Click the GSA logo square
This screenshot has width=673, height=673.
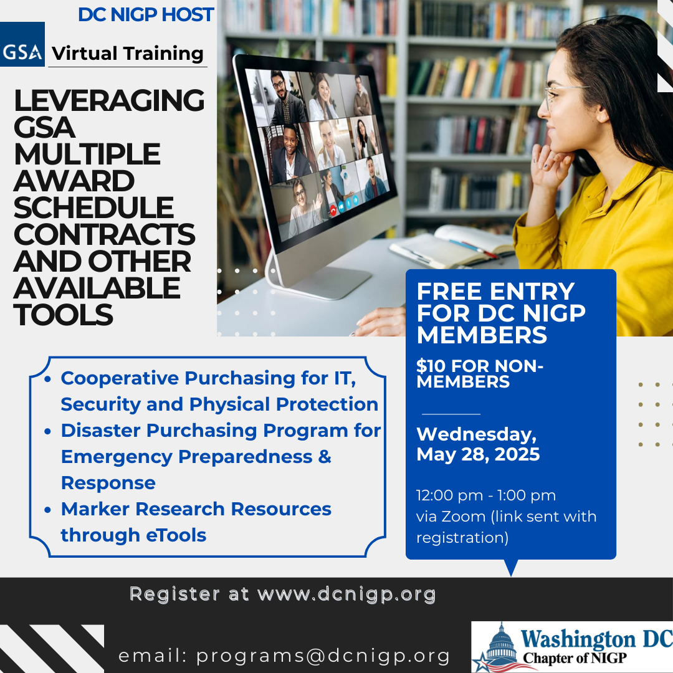(x=22, y=44)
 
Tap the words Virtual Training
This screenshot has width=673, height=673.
(x=128, y=54)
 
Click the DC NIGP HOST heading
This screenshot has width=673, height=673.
(x=146, y=14)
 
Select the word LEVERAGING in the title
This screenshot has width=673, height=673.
(x=109, y=100)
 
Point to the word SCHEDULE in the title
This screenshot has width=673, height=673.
(x=93, y=208)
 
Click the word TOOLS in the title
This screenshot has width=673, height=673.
(x=64, y=315)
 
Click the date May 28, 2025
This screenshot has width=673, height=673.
(x=478, y=454)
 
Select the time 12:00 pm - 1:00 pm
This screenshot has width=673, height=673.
(x=486, y=495)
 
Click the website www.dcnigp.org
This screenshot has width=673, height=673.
(x=346, y=594)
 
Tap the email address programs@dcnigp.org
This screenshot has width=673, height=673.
(x=323, y=656)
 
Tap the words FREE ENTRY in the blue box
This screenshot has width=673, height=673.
(x=495, y=292)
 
